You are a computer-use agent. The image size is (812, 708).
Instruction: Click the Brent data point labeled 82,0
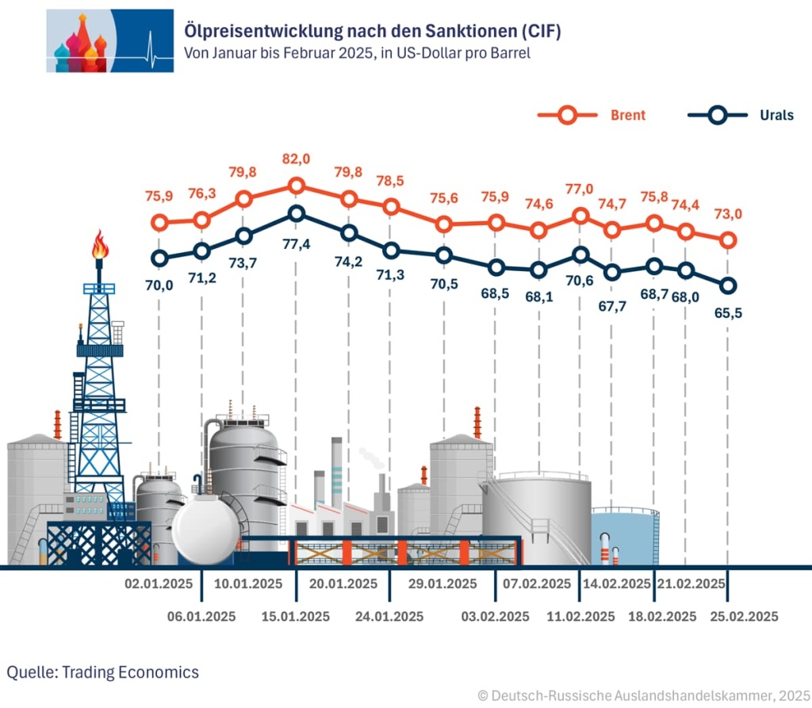[297, 186]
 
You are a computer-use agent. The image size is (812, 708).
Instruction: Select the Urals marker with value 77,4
[297, 213]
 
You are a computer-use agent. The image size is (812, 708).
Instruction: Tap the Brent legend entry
[591, 115]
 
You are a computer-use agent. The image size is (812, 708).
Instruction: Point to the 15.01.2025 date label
[297, 616]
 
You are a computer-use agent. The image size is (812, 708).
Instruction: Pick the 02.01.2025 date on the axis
[159, 584]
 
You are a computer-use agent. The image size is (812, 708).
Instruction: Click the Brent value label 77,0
[579, 189]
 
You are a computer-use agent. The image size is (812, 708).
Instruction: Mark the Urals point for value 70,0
[160, 258]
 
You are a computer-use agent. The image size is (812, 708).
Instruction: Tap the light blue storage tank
[625, 536]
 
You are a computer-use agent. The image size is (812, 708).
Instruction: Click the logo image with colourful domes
[109, 40]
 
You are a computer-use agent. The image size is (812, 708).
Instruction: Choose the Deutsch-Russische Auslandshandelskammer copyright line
[644, 695]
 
